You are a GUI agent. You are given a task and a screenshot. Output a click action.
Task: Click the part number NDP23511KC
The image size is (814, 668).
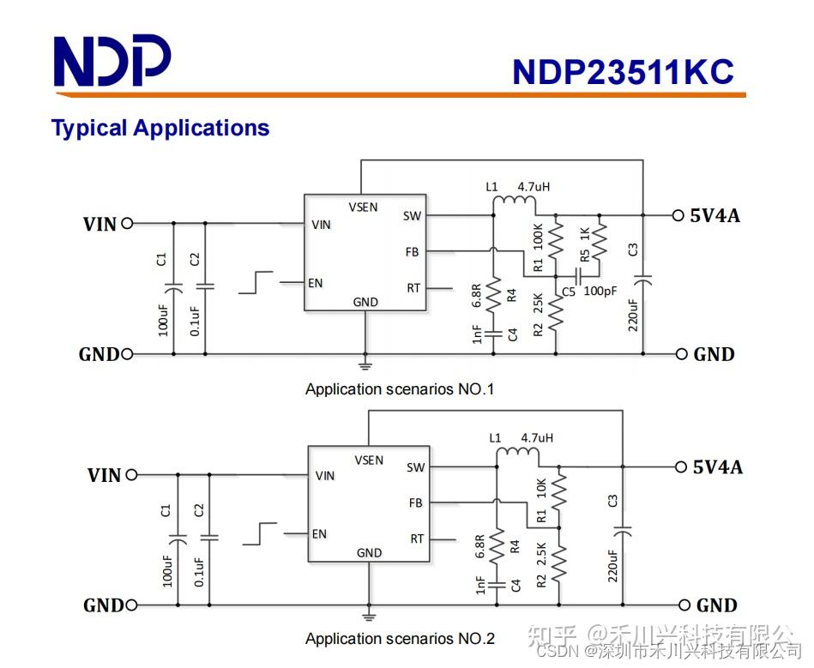click(623, 72)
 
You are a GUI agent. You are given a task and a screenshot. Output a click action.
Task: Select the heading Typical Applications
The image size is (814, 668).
click(160, 129)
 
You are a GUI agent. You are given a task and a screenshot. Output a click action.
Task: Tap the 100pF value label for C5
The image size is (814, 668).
click(600, 291)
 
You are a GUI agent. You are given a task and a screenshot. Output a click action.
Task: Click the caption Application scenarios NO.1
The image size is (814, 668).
click(400, 389)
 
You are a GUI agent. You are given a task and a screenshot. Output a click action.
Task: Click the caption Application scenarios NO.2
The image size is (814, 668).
click(400, 639)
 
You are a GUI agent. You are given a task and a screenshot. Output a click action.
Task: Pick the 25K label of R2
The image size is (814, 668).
click(538, 304)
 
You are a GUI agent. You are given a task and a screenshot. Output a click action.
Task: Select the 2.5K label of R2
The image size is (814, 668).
click(541, 553)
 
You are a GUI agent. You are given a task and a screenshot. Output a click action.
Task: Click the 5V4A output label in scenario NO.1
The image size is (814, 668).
click(715, 215)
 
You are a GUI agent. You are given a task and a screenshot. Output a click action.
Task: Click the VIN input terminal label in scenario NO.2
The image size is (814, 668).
click(105, 475)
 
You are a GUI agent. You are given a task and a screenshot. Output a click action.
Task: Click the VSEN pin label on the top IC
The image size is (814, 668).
click(363, 207)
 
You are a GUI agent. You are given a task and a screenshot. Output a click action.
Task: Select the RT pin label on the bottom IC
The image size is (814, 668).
click(417, 539)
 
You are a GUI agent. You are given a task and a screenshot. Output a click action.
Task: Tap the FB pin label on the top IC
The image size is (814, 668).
click(413, 252)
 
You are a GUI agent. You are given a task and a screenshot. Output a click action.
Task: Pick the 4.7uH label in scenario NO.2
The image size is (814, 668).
click(537, 437)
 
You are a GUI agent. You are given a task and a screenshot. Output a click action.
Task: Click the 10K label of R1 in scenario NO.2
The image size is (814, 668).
click(541, 488)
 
